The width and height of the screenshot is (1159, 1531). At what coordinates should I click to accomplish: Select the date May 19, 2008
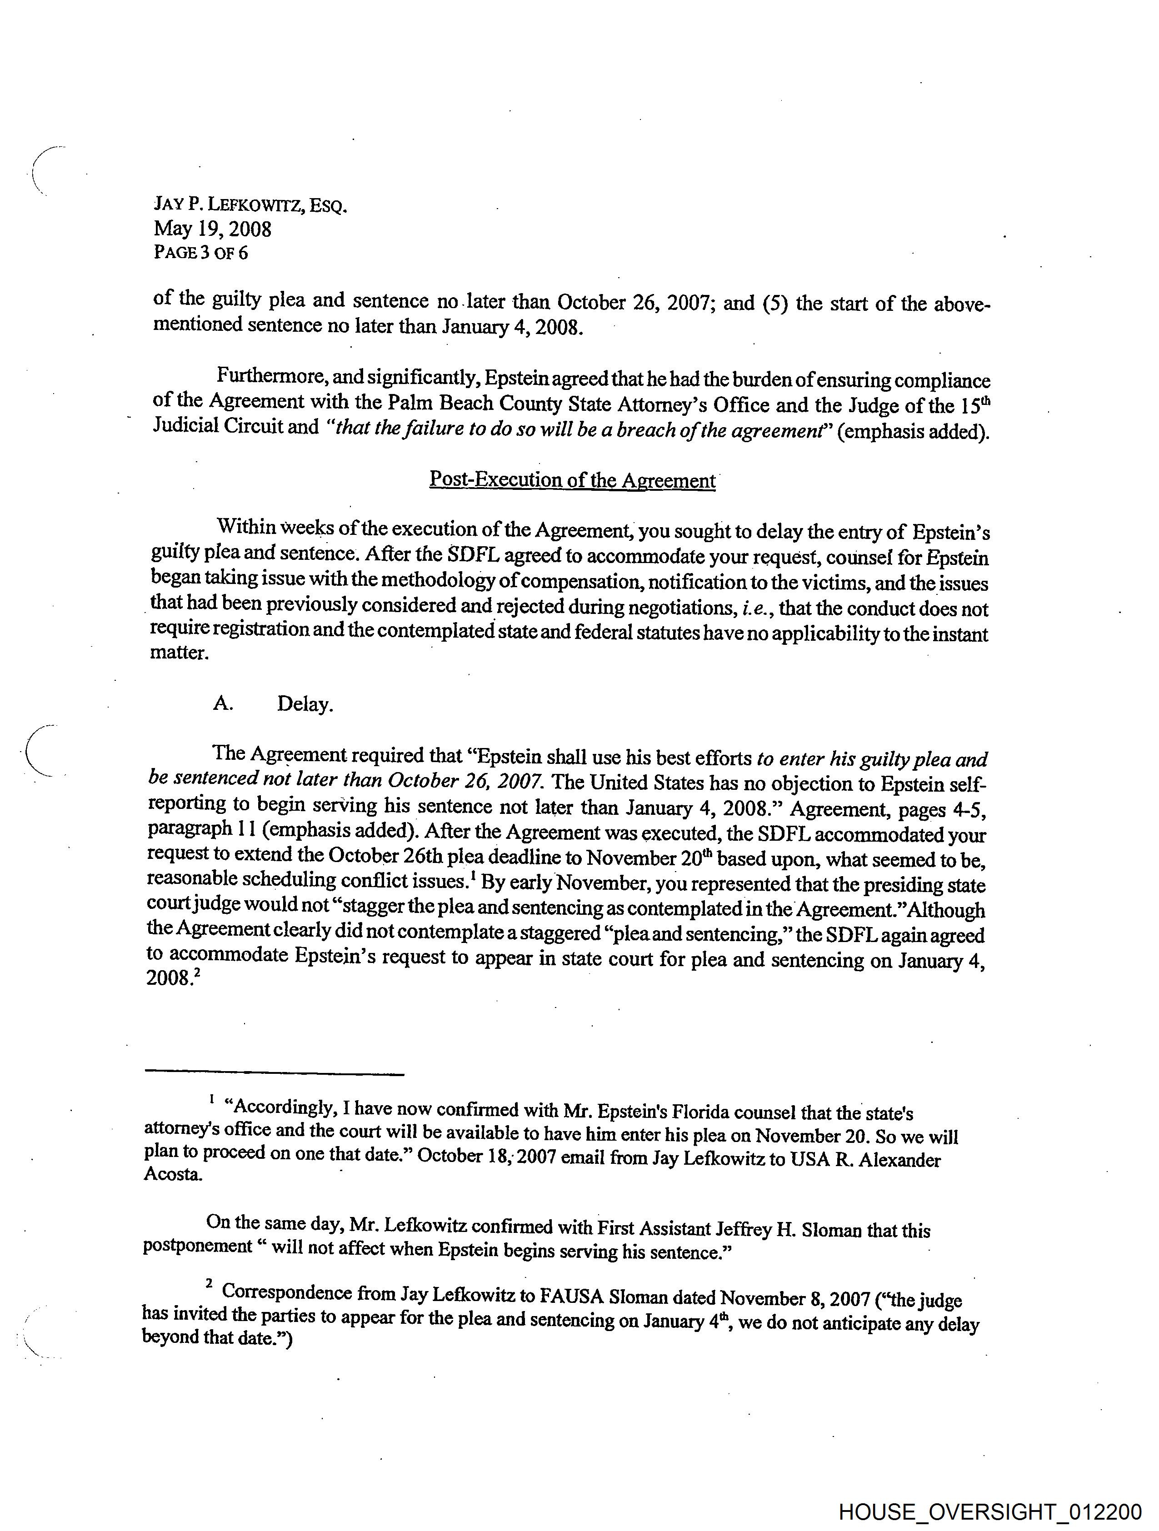[x=213, y=229]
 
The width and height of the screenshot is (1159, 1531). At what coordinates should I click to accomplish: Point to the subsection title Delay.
[x=305, y=704]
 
